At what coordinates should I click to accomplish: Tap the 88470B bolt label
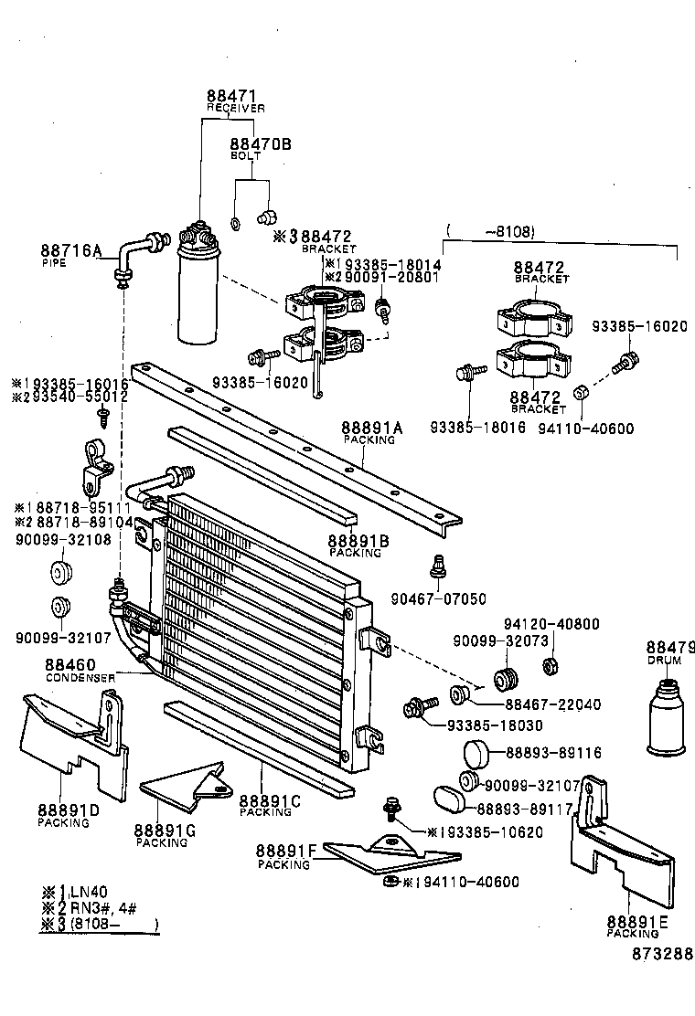pos(260,143)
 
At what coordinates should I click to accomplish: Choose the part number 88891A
pos(371,428)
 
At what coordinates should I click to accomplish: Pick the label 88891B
pos(358,541)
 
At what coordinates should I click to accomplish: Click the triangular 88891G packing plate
pos(183,790)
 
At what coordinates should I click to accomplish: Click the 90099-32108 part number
pos(62,539)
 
